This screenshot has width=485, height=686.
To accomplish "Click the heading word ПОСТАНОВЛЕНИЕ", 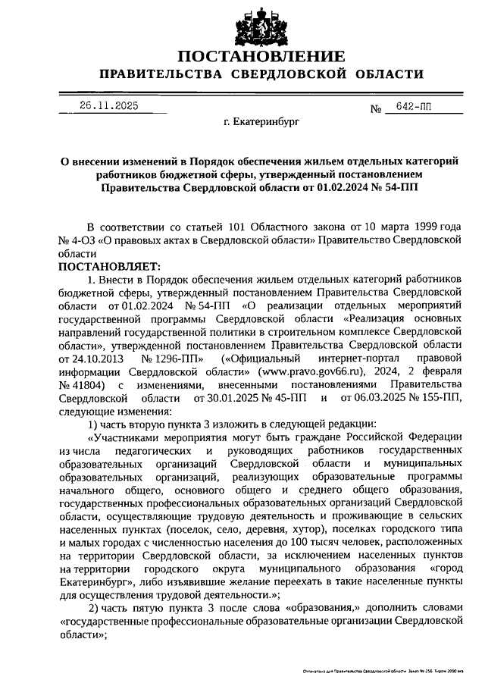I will click(261, 56).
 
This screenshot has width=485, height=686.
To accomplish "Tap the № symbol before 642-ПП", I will click(375, 109).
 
